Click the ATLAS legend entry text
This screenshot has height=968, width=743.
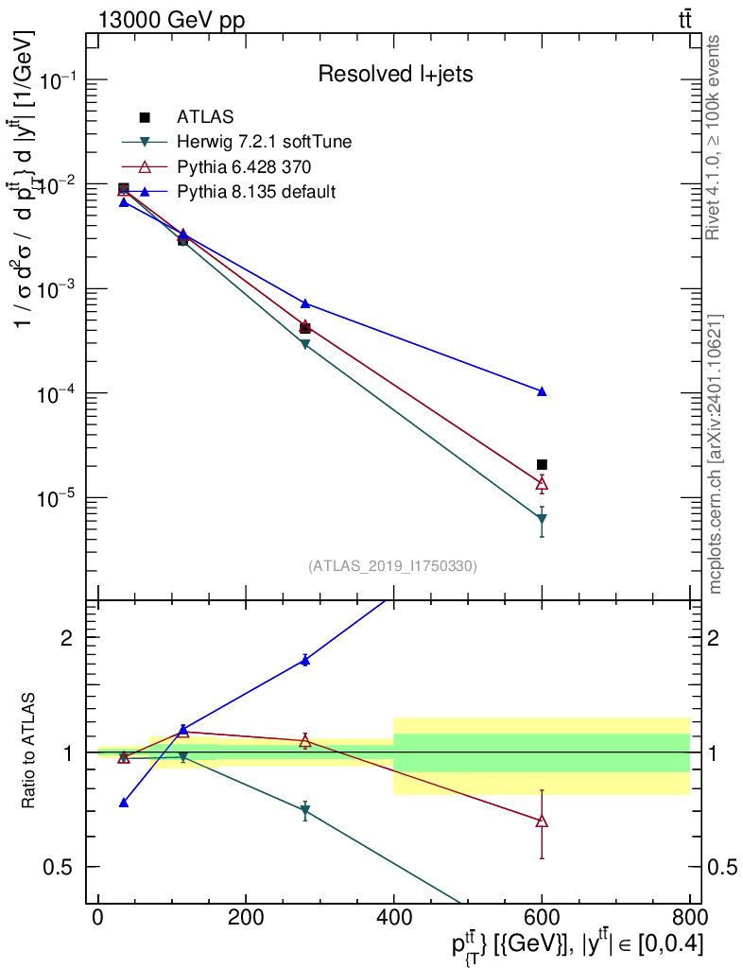click(205, 116)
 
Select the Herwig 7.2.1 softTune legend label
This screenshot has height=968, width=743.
click(264, 142)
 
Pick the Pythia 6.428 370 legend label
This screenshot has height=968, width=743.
click(244, 166)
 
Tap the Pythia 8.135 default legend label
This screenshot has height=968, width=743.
click(256, 191)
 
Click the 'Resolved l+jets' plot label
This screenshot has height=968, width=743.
click(395, 74)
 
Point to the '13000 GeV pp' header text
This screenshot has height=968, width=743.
click(171, 21)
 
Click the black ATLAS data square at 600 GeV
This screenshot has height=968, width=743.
click(542, 465)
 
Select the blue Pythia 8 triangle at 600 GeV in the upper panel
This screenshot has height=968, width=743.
click(542, 391)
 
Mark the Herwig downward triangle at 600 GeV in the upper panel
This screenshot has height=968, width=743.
click(542, 519)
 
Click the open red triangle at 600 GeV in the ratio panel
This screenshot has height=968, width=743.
click(542, 821)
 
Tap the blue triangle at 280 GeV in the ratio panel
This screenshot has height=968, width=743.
click(304, 661)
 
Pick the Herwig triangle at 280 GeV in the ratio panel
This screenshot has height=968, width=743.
click(304, 810)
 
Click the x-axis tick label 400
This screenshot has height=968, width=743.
click(394, 917)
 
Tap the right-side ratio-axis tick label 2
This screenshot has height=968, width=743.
click(713, 638)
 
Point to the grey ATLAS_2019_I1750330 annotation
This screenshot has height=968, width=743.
click(392, 566)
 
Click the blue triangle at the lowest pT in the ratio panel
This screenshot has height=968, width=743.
click(124, 803)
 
